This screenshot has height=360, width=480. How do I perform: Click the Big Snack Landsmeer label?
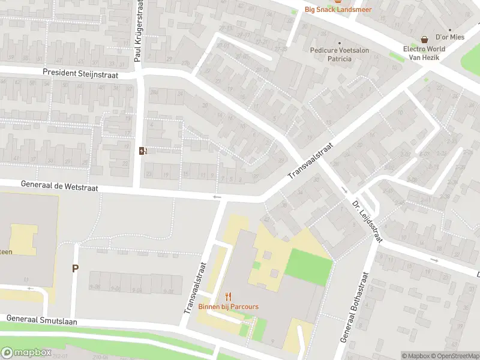(x=338, y=9)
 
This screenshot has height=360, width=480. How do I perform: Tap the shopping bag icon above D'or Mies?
(x=425, y=39)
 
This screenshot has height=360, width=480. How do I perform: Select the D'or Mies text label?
(x=449, y=37)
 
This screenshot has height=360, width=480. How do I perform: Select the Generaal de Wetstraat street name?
(x=59, y=188)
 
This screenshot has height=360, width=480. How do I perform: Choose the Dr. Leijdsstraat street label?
(x=367, y=220)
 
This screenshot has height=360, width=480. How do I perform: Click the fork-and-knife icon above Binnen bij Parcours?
(x=228, y=296)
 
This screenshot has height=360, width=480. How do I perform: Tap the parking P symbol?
(x=75, y=269)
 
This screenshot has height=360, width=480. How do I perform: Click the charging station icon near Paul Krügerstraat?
(x=143, y=150)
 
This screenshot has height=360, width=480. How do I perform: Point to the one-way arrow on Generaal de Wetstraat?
(x=217, y=197)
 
